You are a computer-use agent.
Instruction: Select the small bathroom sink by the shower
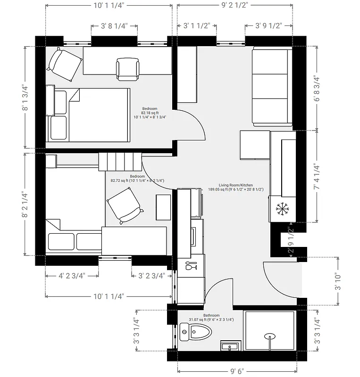pos(230,347)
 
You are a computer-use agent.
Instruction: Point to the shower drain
pos(270,336)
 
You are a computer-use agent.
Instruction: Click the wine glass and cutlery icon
pos(191,267)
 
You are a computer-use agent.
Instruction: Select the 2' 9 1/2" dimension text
pos(291,240)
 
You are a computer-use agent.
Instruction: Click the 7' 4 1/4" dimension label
pos(317,176)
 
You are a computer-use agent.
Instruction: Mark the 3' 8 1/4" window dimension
pos(115,26)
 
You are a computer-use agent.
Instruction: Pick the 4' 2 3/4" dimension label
pos(72,276)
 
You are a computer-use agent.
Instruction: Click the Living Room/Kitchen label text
pos(235,185)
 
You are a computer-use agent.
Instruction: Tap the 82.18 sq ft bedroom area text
pos(149,113)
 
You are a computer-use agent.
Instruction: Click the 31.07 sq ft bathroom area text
pos(211,320)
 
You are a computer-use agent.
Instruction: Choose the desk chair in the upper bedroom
pos(128,68)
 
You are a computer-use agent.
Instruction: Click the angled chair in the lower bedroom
pos(124,205)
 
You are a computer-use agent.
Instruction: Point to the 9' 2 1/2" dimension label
pos(234,6)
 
